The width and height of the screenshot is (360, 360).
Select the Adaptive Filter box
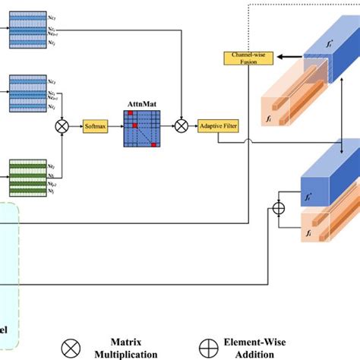tap(216, 126)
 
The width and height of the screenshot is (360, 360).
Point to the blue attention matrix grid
tap(143, 128)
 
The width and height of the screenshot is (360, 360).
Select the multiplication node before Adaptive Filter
tap(182, 126)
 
